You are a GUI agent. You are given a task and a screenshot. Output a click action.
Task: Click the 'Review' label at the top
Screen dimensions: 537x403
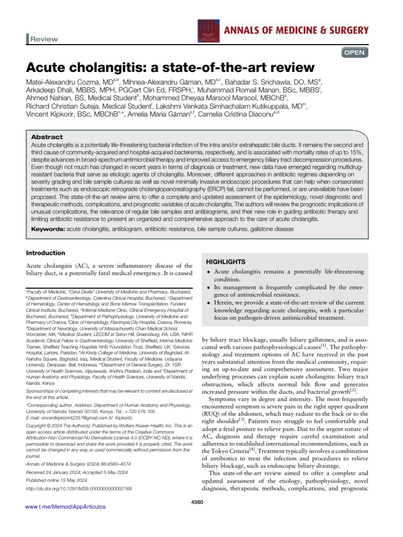(x=44, y=39)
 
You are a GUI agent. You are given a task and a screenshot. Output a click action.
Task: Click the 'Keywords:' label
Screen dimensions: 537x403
(x=49, y=229)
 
